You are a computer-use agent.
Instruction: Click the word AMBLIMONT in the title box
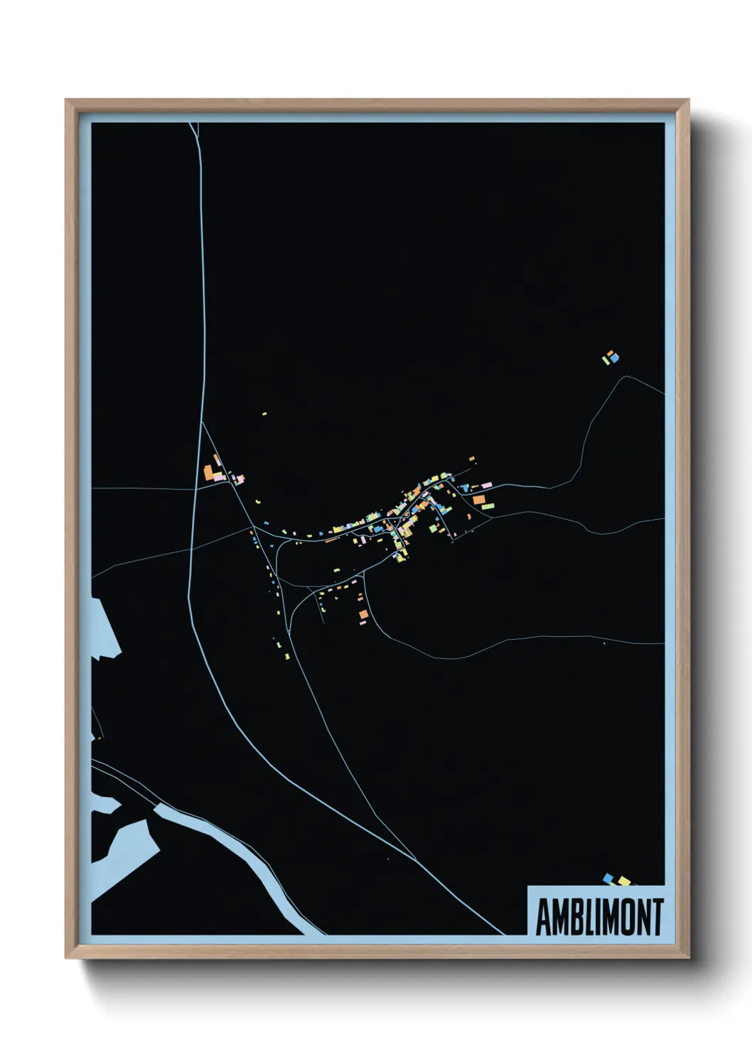(x=599, y=917)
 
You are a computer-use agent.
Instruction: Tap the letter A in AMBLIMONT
(x=543, y=917)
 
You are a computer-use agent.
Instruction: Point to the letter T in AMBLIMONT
(x=657, y=917)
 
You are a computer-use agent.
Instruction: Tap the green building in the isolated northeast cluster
(x=606, y=360)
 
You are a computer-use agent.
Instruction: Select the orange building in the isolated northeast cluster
(x=609, y=352)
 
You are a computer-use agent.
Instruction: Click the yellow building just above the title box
(x=624, y=881)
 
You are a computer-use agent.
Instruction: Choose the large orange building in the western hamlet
(x=209, y=472)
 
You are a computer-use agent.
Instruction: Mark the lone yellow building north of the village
(x=264, y=413)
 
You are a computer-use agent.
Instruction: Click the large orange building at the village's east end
(x=478, y=500)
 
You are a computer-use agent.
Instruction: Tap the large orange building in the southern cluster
(x=363, y=614)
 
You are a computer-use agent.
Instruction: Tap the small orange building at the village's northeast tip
(x=471, y=459)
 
